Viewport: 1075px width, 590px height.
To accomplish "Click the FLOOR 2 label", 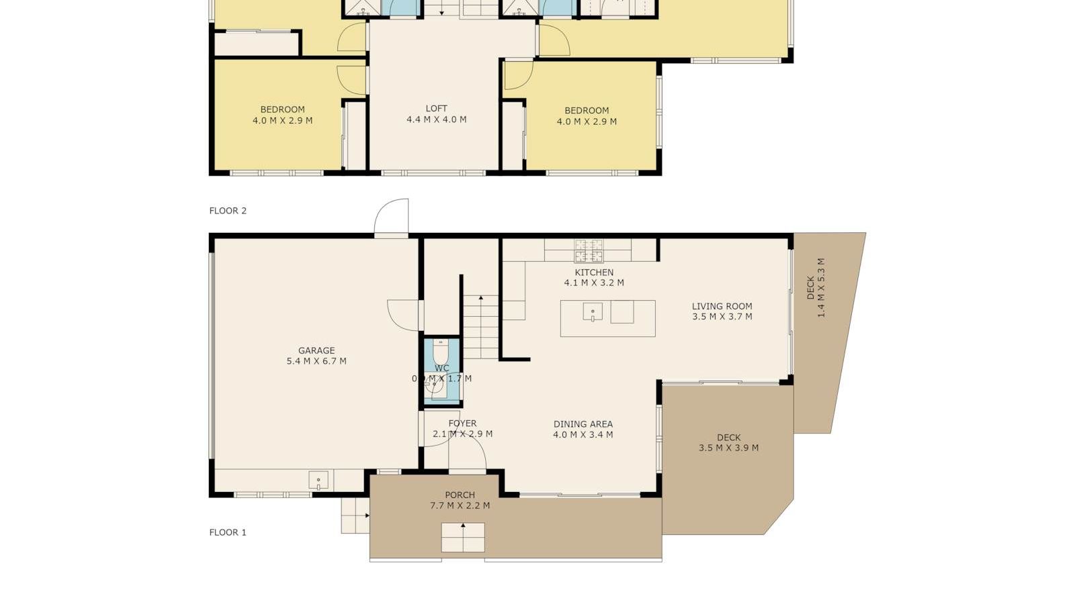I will (228, 211).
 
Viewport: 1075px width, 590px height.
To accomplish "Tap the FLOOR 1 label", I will (228, 532).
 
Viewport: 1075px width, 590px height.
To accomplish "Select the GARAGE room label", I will (316, 356).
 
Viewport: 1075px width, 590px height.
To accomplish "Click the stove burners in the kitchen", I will (589, 250).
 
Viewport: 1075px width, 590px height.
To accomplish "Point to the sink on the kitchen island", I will (593, 312).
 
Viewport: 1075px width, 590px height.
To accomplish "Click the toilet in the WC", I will (440, 350).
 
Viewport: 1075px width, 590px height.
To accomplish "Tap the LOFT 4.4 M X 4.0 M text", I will (436, 114).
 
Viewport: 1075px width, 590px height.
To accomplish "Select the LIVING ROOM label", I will (722, 311).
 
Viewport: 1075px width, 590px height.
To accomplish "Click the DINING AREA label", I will (583, 429).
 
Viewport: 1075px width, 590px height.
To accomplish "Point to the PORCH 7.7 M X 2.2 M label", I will (460, 500).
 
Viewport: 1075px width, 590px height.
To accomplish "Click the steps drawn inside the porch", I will (463, 538).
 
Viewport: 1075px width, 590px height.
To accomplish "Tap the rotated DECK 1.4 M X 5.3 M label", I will (816, 288).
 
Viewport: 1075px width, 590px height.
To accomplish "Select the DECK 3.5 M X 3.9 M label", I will (728, 442).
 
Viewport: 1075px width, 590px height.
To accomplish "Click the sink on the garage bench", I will (318, 480).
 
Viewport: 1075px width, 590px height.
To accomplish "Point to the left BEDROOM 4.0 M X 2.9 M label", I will (282, 115).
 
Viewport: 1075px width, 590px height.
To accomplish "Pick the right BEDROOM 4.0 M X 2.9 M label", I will (587, 116).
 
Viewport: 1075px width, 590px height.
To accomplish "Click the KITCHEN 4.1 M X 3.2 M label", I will (594, 277).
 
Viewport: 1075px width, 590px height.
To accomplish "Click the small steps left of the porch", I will (355, 515).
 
